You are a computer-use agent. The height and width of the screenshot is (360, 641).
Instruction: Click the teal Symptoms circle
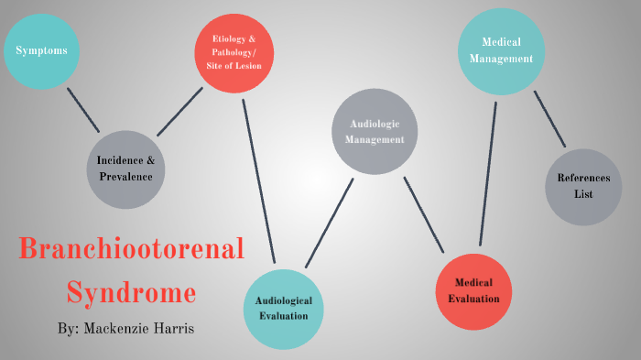point(41,50)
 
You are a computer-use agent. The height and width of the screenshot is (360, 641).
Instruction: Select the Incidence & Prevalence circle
point(125,169)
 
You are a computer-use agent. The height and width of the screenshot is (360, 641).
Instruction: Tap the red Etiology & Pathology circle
point(235,52)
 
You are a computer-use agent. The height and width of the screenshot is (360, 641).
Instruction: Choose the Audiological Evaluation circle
point(283,309)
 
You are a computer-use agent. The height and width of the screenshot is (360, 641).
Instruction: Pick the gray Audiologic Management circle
point(374,133)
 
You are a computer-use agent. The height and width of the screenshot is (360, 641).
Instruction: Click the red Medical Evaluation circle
point(473,291)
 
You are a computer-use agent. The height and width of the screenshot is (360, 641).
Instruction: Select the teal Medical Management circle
point(501,50)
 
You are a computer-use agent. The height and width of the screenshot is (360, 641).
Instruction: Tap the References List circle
point(583,187)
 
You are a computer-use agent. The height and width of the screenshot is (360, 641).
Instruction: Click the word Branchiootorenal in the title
point(132,250)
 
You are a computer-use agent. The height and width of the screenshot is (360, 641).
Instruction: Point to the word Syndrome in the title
point(131,293)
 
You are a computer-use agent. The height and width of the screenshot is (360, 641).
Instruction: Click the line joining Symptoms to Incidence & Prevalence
point(83,110)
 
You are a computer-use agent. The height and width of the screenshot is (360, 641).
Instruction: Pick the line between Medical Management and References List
point(549,118)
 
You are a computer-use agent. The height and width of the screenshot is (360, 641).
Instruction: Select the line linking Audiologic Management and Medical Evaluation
point(423,214)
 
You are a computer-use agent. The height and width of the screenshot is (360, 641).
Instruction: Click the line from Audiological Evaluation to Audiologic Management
point(330,222)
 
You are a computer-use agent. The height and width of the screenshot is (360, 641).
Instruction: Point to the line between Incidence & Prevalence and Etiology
point(179,112)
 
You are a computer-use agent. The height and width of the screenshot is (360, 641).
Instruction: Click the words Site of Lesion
point(235,65)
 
